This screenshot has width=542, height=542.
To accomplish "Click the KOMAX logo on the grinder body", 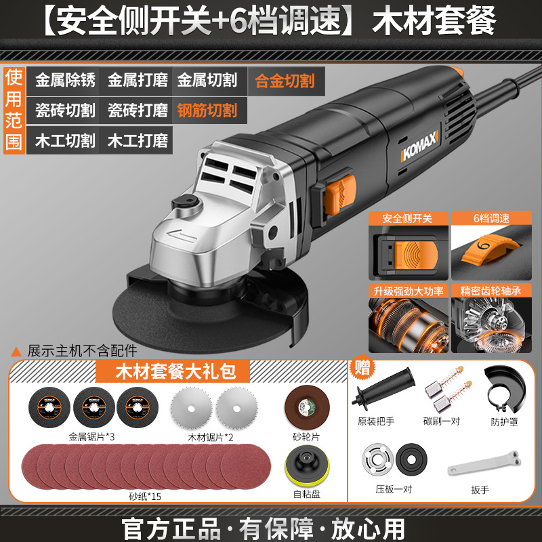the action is pyautogui.click(x=419, y=146).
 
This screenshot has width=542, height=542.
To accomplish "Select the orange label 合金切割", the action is pyautogui.click(x=285, y=81).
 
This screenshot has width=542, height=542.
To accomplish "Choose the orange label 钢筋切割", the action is pyautogui.click(x=207, y=110).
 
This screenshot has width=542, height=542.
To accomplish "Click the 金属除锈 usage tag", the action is pyautogui.click(x=65, y=80).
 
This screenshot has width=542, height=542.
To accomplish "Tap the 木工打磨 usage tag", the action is pyautogui.click(x=138, y=140).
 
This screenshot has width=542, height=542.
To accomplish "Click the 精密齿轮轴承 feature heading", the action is pyautogui.click(x=491, y=291).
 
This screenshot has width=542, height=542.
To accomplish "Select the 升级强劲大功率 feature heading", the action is pyautogui.click(x=409, y=291).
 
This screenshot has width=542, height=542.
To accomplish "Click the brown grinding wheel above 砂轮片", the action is pyautogui.click(x=307, y=407).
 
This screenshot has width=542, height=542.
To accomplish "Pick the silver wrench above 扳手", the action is pyautogui.click(x=484, y=462).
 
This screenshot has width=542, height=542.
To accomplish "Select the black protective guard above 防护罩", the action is pyautogui.click(x=505, y=389).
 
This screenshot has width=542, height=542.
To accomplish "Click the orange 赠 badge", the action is pyautogui.click(x=362, y=367).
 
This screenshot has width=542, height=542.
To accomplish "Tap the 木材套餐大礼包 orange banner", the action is pyautogui.click(x=173, y=371).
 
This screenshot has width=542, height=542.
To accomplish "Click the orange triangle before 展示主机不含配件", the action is pyautogui.click(x=16, y=352).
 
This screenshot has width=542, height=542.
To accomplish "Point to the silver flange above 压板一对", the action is pyautogui.click(x=378, y=459).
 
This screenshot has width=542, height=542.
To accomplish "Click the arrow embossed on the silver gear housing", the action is pyautogui.click(x=182, y=235).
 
